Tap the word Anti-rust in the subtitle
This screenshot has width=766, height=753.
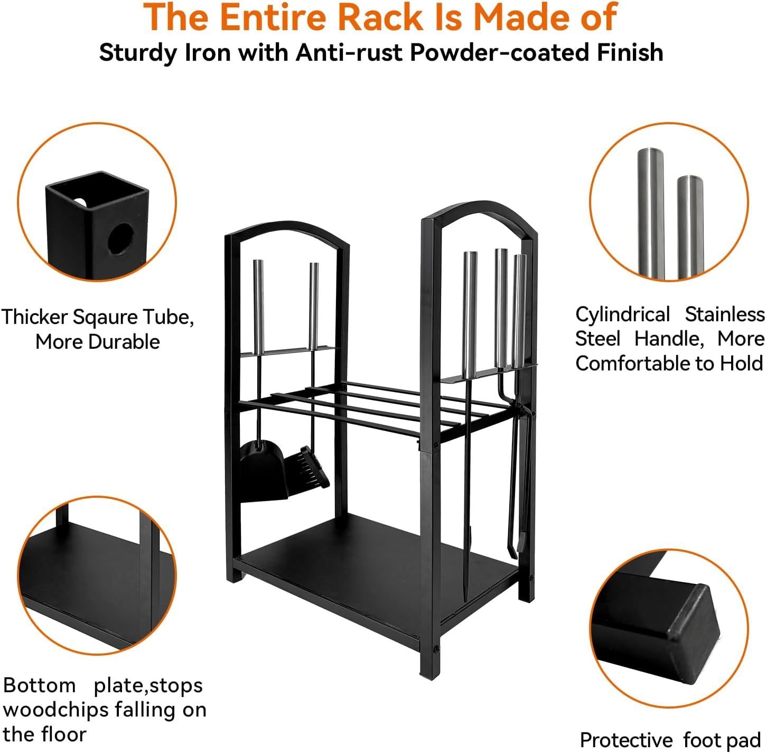349,52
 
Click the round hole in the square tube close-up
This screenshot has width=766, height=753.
121,239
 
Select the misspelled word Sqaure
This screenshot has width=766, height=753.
106,318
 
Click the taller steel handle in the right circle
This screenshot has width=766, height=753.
651,213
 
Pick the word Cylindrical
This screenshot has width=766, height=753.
622,314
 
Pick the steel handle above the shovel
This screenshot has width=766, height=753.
258,307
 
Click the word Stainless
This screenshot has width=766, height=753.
725,314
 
